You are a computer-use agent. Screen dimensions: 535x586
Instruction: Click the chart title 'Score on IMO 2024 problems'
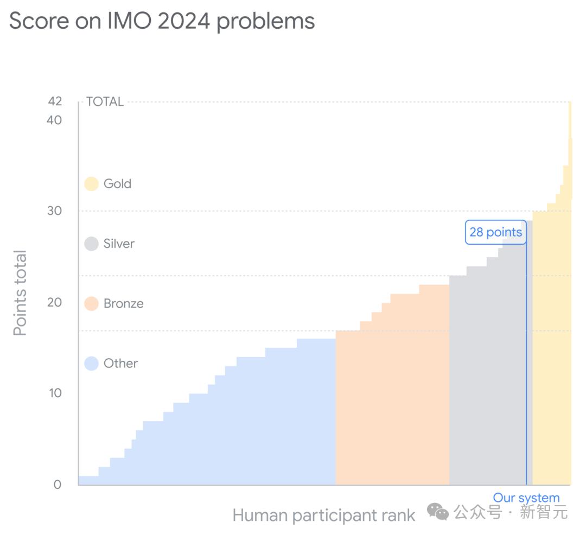(x=162, y=22)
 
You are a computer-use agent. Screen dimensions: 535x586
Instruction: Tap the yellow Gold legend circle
(x=91, y=184)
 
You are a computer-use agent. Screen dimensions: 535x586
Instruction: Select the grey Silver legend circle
(x=91, y=244)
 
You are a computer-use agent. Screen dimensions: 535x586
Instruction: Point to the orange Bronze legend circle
(x=91, y=303)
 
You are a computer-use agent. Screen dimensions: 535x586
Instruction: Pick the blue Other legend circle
(x=91, y=363)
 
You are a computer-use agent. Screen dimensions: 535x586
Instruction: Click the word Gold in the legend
(x=117, y=184)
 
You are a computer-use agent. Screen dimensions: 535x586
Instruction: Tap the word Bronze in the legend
(x=124, y=303)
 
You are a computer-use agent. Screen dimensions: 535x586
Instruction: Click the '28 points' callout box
(x=495, y=232)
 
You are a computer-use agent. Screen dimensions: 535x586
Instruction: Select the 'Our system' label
(x=526, y=498)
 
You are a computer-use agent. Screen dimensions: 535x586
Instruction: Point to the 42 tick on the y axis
(x=55, y=101)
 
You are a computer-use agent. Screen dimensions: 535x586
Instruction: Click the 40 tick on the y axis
(x=55, y=120)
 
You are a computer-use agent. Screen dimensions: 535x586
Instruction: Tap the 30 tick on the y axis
(x=55, y=211)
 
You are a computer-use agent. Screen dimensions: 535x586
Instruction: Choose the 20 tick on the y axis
(x=55, y=302)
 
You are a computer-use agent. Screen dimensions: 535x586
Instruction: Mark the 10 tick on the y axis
(x=55, y=393)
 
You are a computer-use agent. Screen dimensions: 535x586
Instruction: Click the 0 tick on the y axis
(x=58, y=485)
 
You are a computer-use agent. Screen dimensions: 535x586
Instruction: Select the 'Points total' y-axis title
(x=20, y=293)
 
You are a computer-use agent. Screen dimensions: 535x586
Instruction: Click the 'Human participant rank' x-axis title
(x=324, y=515)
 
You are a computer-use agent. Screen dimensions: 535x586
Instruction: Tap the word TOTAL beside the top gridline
(x=105, y=101)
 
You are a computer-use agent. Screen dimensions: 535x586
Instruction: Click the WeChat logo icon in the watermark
(x=437, y=511)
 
